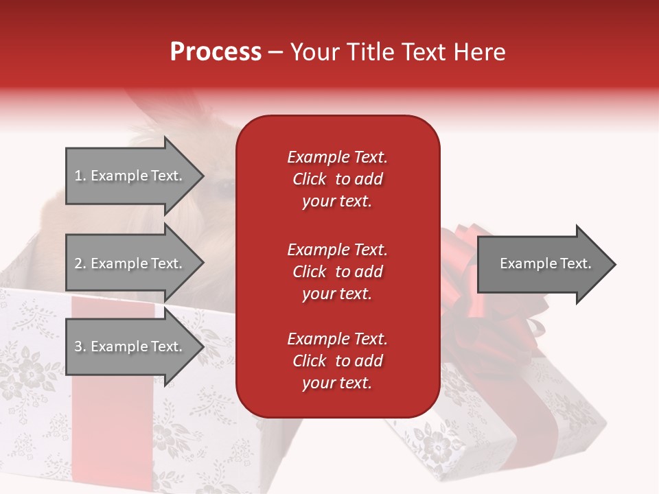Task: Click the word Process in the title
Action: [216, 52]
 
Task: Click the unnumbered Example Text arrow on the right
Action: [545, 263]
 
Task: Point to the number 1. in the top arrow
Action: [80, 176]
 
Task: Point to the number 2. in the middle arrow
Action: [80, 263]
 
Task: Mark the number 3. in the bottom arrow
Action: [80, 346]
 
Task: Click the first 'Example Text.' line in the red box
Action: [337, 157]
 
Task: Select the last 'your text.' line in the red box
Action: [337, 383]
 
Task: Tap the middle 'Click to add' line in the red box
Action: [337, 272]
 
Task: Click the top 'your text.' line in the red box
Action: [337, 201]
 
